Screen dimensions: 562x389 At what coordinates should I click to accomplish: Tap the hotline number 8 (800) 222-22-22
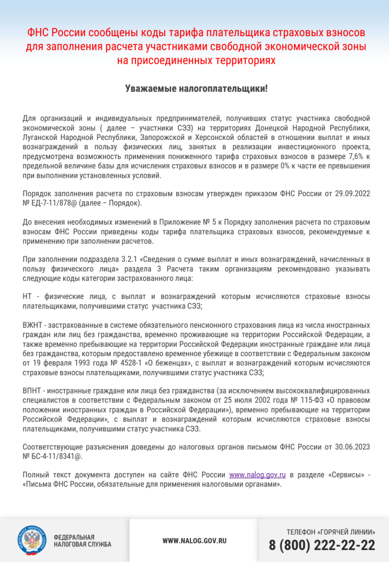click(322, 545)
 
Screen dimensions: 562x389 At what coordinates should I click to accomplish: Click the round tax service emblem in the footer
click(32, 541)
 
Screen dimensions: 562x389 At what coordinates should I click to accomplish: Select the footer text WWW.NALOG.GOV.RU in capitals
click(194, 541)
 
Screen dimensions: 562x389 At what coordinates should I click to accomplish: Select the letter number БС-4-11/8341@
click(58, 456)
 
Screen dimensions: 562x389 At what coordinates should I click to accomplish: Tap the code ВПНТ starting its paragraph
click(32, 390)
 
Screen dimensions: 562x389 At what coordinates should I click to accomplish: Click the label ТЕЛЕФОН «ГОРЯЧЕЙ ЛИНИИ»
click(331, 532)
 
